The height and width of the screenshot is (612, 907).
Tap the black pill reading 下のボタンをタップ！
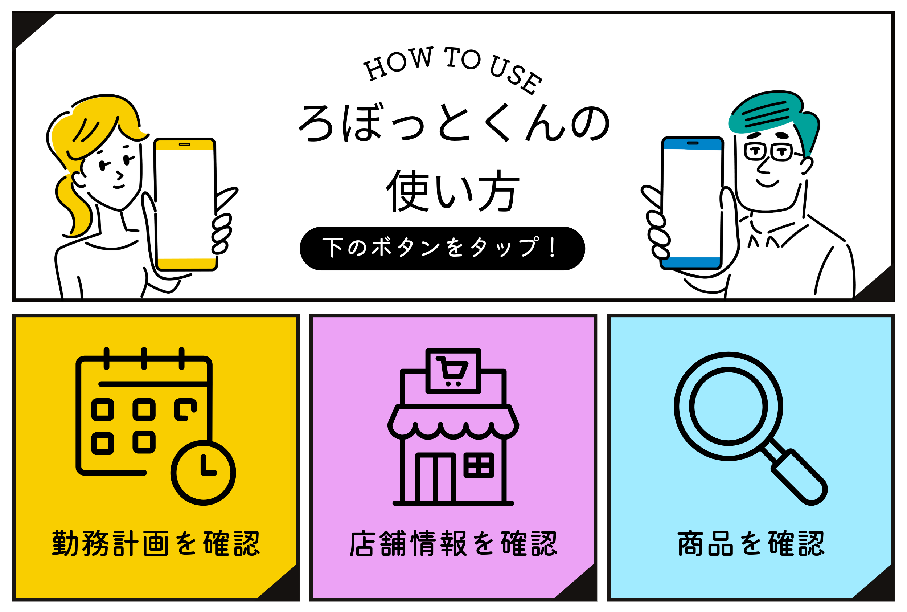coord(442,248)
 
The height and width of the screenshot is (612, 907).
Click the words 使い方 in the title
coord(452,191)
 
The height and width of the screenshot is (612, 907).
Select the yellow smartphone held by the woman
coord(185,203)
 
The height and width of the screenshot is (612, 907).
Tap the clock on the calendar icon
coord(203,473)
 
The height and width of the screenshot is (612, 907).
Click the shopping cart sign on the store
coord(453,370)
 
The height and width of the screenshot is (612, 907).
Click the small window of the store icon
coord(478,465)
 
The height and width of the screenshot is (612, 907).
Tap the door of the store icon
coord(435,478)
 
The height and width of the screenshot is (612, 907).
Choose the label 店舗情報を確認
coord(453,543)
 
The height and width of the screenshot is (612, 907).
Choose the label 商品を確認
coord(751,543)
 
